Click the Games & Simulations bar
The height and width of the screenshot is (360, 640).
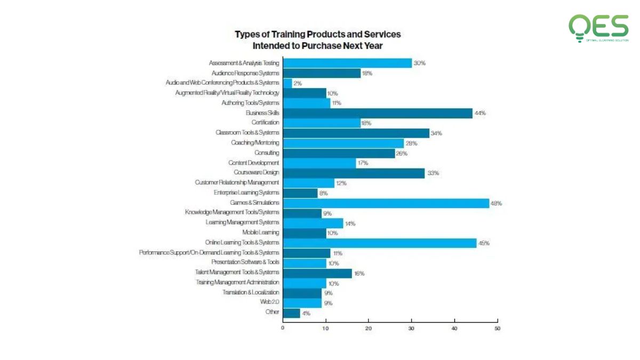point(386,203)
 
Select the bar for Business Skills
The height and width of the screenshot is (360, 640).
point(377,113)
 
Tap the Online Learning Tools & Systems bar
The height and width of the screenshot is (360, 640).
point(379,243)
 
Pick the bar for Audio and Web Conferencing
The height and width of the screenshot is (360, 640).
point(287,83)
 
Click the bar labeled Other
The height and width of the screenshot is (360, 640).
point(291,313)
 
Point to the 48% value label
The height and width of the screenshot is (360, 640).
point(496,203)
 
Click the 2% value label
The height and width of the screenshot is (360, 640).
point(298,83)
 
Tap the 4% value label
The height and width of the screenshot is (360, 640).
point(306,313)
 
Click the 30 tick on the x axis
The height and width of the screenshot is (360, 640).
point(411,329)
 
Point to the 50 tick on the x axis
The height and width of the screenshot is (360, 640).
point(497,329)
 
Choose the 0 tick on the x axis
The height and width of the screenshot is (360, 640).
point(283,329)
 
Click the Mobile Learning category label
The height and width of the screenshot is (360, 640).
point(260,233)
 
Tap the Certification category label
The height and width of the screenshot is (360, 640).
point(265,123)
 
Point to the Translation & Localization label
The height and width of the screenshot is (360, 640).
point(251,292)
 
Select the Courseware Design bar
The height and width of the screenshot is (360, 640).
point(354,173)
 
